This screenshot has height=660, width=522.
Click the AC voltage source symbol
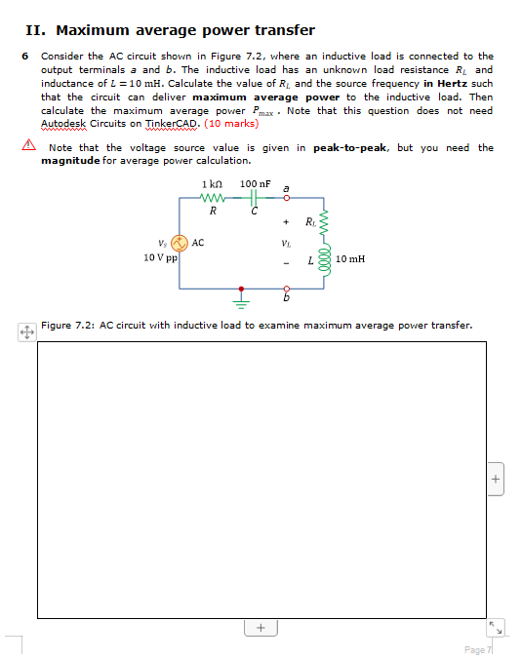(x=179, y=244)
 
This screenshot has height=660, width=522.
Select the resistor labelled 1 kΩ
(x=213, y=199)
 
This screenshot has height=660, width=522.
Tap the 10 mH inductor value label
(x=348, y=258)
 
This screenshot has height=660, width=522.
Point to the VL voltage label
(x=285, y=243)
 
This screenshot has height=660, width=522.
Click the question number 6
(x=25, y=57)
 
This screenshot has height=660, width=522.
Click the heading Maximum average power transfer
(x=185, y=30)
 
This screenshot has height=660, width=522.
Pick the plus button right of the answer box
(x=496, y=479)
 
